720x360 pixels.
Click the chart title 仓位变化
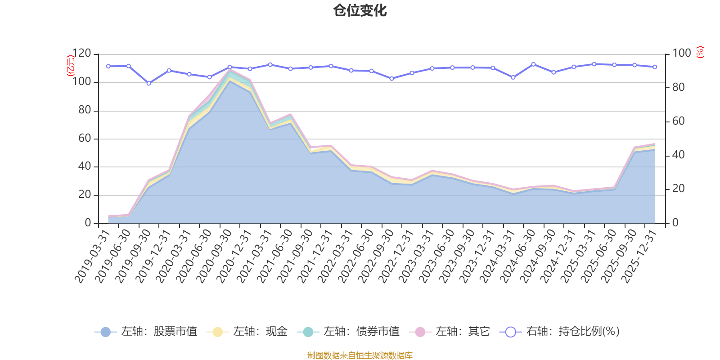point(360,10)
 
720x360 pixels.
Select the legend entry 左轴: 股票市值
point(146,332)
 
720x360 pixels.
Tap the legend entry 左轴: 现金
point(247,332)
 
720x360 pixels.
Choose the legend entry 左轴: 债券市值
point(348,332)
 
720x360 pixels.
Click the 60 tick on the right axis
point(678,121)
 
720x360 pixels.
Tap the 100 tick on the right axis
point(681,54)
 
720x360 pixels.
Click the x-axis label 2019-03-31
point(92,256)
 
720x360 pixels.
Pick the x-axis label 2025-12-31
point(639,256)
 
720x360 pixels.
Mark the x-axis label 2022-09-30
point(376,256)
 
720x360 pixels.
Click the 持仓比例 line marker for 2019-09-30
point(148,83)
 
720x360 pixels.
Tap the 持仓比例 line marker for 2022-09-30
point(391,78)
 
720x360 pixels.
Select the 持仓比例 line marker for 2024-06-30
point(533,64)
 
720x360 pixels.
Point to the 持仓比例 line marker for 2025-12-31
point(655,67)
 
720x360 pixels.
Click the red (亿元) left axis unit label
point(71,66)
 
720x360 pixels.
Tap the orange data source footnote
point(360,355)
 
